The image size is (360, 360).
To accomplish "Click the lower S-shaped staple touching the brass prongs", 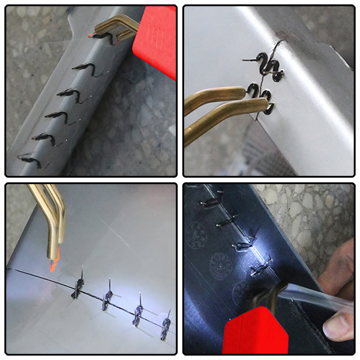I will pyautogui.click(x=263, y=99).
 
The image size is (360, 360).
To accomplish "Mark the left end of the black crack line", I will pyautogui.click(x=15, y=270).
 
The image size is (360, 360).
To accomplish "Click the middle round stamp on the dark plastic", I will pyautogui.click(x=219, y=264).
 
